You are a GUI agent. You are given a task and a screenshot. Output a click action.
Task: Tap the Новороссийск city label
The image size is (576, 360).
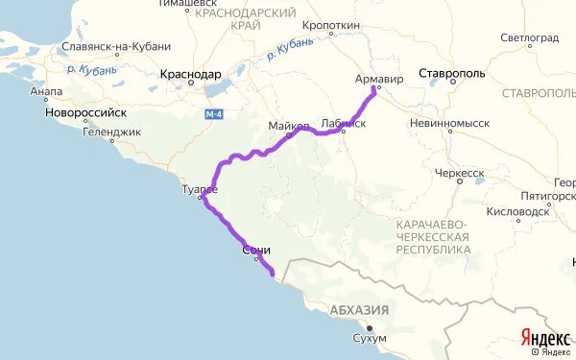pyautogui.click(x=85, y=111)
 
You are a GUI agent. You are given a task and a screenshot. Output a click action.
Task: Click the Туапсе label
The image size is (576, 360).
pyautogui.click(x=200, y=189)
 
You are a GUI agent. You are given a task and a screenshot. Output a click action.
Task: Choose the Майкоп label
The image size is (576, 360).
pyautogui.click(x=289, y=126)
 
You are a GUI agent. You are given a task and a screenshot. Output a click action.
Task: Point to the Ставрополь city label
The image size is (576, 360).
pyautogui.click(x=459, y=73)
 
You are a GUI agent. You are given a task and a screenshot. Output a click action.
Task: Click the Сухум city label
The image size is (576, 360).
pyautogui.click(x=370, y=339)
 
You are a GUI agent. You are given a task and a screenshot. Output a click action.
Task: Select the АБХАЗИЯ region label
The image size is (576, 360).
pyautogui.click(x=359, y=309)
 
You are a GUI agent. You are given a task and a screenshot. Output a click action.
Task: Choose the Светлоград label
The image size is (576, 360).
pyautogui.click(x=529, y=38)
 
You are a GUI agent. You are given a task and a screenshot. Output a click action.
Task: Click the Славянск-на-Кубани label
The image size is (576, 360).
pyautogui.click(x=115, y=46)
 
